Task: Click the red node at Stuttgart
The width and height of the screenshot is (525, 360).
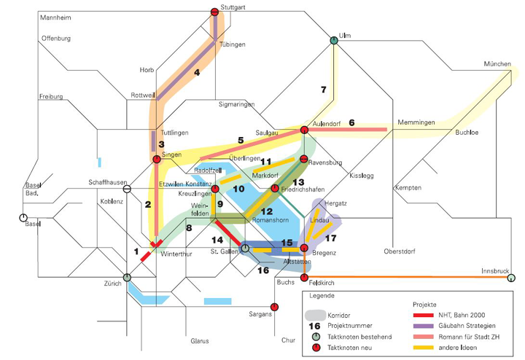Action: [214, 12]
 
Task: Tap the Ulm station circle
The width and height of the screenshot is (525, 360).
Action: [334, 40]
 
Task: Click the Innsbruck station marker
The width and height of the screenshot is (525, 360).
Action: [511, 278]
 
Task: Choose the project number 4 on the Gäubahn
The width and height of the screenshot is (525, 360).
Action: [197, 72]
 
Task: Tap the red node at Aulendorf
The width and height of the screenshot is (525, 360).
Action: [304, 130]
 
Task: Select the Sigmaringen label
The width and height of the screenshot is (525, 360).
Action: [237, 105]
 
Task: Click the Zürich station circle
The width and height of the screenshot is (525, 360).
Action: [127, 278]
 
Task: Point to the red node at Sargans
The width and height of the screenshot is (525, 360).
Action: [275, 307]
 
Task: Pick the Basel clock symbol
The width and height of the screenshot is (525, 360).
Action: [23, 217]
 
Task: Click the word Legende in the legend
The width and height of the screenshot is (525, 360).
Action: [322, 295]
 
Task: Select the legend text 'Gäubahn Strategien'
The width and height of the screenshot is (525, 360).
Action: [467, 325]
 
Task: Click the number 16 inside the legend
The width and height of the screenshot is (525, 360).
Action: [315, 325]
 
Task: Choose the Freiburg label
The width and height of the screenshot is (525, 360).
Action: [52, 96]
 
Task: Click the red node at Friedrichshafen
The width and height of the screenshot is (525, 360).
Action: [275, 189]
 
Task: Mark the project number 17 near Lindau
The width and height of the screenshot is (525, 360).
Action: [330, 238]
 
